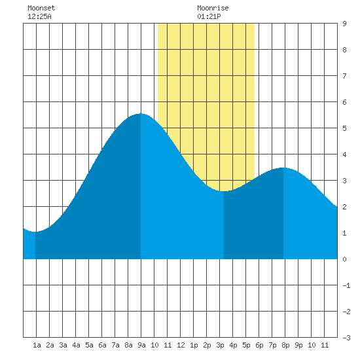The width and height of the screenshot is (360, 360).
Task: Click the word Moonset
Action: point(41,8)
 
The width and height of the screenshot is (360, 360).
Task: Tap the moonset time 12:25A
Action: point(39,16)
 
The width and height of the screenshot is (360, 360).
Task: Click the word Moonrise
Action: point(213,8)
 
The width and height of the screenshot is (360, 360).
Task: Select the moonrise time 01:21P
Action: point(209,16)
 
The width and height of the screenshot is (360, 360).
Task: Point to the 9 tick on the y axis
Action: point(344,24)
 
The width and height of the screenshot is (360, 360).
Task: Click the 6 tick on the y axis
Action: point(344,102)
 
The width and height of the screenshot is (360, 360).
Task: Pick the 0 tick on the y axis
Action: point(344,259)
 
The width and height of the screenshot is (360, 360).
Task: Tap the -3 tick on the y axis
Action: point(346,338)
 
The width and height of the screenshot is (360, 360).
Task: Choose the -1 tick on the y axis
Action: point(346,285)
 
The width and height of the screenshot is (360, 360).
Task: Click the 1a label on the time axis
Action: point(37,345)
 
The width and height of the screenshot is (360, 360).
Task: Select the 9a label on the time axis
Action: point(141,345)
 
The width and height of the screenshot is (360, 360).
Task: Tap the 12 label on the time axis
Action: point(181,345)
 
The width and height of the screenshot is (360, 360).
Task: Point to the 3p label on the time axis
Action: point(220,345)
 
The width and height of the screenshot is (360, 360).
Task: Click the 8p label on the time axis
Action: point(285,345)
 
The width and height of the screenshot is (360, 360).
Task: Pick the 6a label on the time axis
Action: point(102,345)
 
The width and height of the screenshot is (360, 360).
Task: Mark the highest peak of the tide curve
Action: point(141,113)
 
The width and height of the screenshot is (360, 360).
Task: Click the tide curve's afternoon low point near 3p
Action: point(224,191)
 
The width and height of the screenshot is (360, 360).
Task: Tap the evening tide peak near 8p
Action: point(283,168)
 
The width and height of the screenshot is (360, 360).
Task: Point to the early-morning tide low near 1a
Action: point(35,232)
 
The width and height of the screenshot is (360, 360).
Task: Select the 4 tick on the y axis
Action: point(344,154)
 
